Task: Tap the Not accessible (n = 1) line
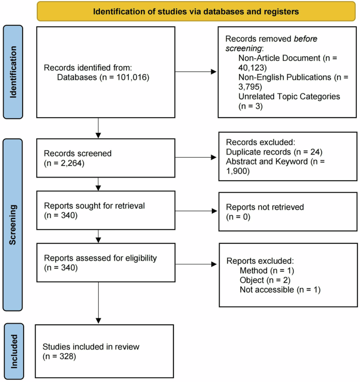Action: [280, 290]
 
